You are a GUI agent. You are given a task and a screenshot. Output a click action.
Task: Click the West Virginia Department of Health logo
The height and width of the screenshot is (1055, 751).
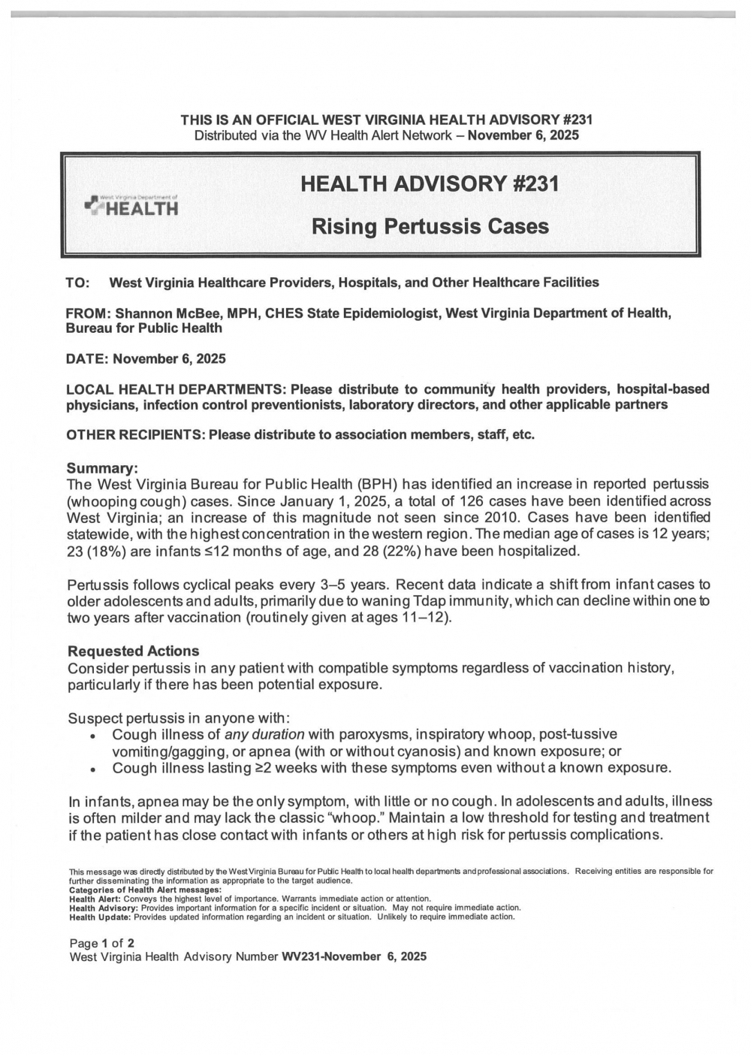(133, 205)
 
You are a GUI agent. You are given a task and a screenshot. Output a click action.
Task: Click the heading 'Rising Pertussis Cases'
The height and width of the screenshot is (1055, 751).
(430, 226)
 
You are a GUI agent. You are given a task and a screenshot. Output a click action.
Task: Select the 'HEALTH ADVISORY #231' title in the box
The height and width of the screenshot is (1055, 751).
(430, 183)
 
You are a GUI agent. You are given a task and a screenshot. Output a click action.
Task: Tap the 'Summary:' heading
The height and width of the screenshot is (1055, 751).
(98, 467)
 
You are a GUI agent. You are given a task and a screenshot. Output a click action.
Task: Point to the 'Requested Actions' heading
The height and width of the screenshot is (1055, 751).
(134, 651)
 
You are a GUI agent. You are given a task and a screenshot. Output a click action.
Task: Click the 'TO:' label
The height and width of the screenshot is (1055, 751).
(78, 283)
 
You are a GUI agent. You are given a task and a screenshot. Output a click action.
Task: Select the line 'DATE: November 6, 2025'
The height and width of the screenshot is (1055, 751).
(146, 358)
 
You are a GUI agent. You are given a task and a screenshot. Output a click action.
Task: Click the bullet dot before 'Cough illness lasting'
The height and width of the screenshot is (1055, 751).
(91, 769)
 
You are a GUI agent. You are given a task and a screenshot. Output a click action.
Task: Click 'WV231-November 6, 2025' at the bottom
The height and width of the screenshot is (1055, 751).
(354, 957)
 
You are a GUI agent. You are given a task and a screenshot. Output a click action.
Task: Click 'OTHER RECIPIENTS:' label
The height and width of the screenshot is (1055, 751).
(135, 435)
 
